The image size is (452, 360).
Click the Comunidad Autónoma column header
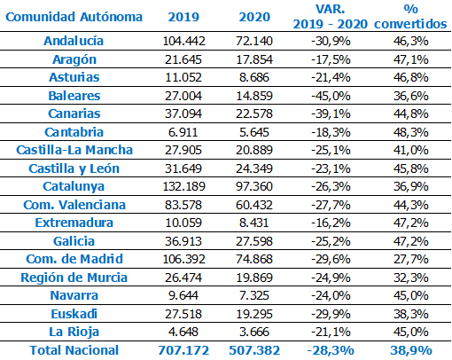click(x=74, y=17)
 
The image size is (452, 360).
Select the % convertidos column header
click(x=410, y=17)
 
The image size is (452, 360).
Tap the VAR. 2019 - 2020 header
click(x=331, y=17)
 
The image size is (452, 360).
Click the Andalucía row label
click(x=74, y=41)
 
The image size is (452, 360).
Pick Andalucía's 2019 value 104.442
click(x=183, y=41)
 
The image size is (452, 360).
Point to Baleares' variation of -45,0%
click(x=331, y=96)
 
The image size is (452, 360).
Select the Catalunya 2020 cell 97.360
click(x=254, y=186)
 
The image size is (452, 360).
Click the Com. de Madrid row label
click(x=74, y=259)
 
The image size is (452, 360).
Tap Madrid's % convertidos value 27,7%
click(x=410, y=259)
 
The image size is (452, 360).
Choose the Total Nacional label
click(x=74, y=350)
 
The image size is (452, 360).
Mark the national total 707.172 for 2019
click(x=183, y=350)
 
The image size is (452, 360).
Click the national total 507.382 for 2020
click(x=254, y=350)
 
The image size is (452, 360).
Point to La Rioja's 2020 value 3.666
click(x=254, y=332)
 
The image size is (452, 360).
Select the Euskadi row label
click(x=74, y=314)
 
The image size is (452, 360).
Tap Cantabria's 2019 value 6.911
click(x=183, y=132)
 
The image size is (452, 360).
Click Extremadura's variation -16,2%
click(x=331, y=223)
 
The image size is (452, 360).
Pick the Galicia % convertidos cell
click(x=410, y=241)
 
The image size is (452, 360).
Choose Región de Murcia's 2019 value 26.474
click(x=183, y=278)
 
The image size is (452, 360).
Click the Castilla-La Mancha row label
click(x=74, y=150)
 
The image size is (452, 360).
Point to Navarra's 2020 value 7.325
click(x=254, y=295)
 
